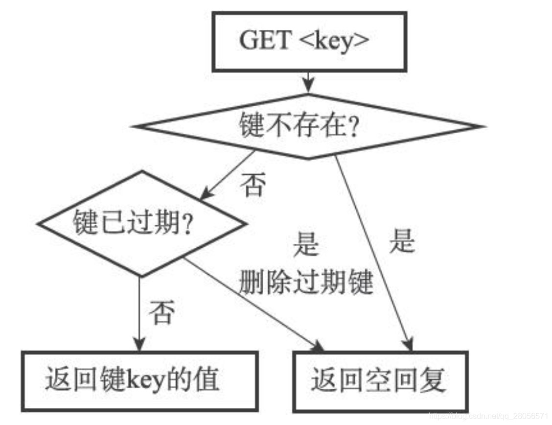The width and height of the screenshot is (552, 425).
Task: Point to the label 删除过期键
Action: pos(306,283)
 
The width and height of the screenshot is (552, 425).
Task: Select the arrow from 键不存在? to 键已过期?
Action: pos(228,175)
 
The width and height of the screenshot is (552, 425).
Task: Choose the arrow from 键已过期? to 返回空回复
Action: pos(252,304)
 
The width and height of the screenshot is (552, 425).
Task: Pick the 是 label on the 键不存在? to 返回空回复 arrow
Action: pos(402,241)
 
